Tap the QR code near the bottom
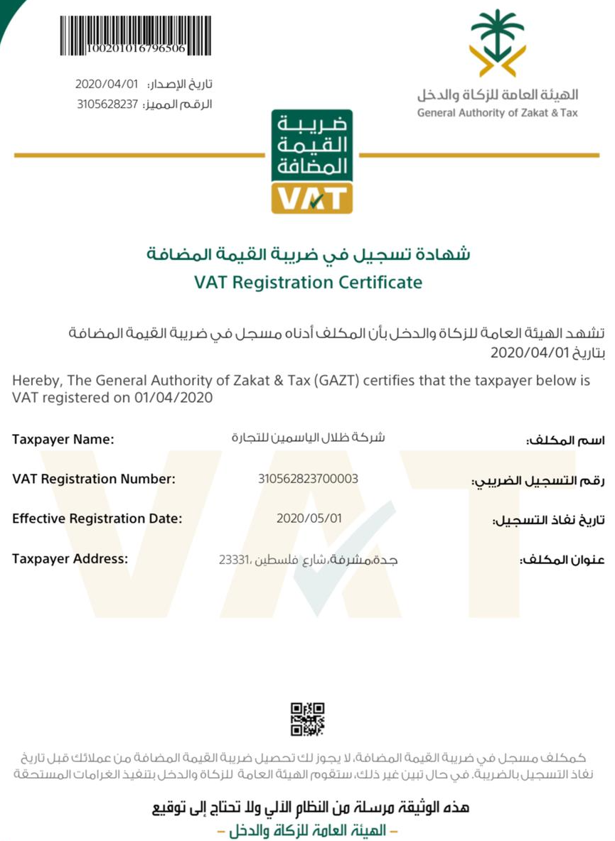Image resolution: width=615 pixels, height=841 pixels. (307, 719)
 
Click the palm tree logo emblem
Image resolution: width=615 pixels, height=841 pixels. (498, 43)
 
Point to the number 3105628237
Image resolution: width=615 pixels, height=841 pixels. (106, 104)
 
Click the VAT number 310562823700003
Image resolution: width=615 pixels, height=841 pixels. (309, 479)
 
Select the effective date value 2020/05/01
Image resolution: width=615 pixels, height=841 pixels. (309, 519)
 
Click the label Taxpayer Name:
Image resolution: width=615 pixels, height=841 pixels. (63, 440)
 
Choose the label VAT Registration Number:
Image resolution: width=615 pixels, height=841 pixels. (94, 479)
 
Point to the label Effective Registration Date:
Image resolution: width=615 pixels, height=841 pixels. (97, 519)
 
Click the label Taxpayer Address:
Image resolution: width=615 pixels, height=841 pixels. (70, 558)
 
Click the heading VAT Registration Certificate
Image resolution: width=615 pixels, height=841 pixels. (308, 282)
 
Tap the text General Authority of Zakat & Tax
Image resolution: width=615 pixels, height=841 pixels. (498, 112)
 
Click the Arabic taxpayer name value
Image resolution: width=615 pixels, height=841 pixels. (308, 438)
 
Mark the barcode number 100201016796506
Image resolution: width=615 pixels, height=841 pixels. (136, 49)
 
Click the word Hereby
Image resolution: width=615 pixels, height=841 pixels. (34, 381)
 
